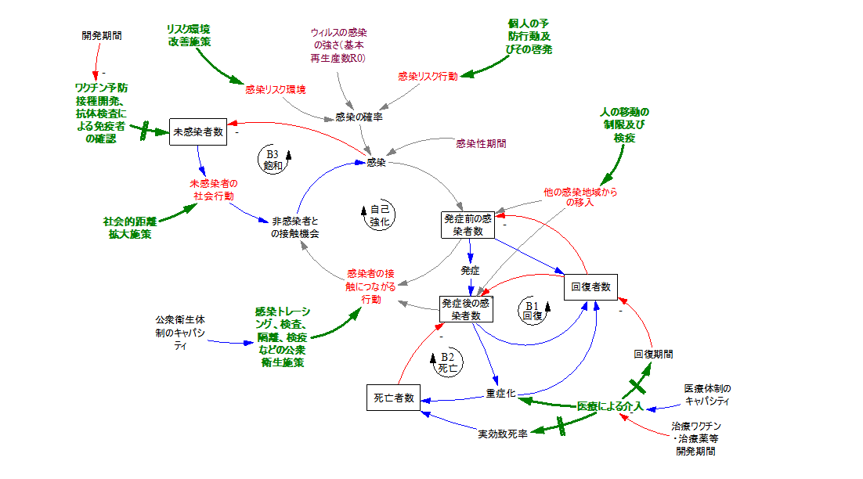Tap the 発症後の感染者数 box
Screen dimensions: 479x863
[466, 309]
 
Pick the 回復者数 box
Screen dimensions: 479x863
[590, 286]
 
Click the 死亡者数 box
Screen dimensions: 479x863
[393, 398]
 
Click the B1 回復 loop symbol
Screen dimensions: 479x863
[533, 311]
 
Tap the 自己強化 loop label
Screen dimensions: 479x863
[379, 215]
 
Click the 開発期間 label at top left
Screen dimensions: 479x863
[102, 36]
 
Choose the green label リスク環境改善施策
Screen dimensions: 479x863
[189, 35]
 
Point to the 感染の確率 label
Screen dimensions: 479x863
[359, 117]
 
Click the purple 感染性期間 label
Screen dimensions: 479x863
[481, 144]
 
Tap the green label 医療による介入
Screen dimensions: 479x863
[610, 406]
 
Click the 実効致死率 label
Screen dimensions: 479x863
[503, 434]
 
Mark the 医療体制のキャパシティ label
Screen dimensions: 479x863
[707, 394]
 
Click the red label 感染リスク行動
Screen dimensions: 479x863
[428, 77]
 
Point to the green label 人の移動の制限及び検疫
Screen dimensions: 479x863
[624, 124]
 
